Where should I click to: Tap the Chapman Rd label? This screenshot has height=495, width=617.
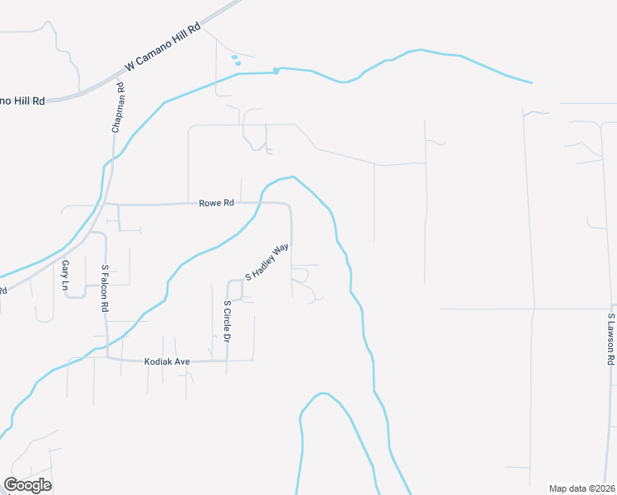119,107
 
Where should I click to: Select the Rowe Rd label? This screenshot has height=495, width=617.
216,203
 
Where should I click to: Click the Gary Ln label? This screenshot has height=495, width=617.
65,274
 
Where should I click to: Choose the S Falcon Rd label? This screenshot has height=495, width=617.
106,288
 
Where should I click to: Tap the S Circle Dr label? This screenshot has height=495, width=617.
227,321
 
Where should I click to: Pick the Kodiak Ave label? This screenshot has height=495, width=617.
167,361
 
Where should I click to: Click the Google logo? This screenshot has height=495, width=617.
28,485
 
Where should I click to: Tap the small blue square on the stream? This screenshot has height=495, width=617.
276,70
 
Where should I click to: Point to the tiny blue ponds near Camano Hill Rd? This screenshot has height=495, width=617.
236,59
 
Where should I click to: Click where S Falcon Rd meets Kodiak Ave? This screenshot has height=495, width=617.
108,358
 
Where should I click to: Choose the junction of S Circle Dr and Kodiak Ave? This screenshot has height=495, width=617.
228,361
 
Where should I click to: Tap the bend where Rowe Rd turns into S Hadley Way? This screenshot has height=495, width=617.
290,206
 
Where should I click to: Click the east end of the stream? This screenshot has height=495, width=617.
531,82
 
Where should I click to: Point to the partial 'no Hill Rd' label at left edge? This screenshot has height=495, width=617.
22,100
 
